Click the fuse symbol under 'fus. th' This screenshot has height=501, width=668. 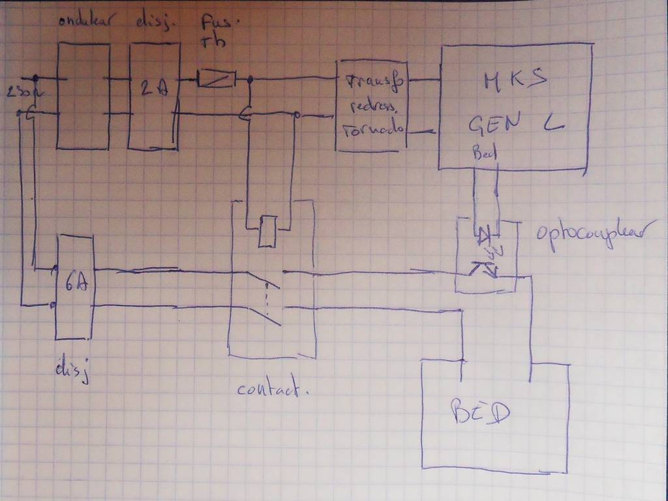coord(216,79)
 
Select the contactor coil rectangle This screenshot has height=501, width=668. coord(267,232)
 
